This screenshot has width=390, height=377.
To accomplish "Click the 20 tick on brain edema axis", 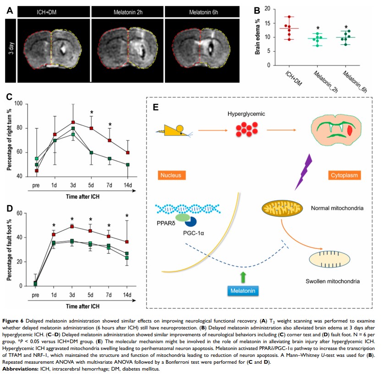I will pos(266,9).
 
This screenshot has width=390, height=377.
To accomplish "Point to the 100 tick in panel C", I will pos(18,103).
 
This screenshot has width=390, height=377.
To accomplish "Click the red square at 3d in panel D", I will pos(72,226).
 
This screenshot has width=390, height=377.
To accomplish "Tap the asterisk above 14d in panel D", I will pos(127,216).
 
